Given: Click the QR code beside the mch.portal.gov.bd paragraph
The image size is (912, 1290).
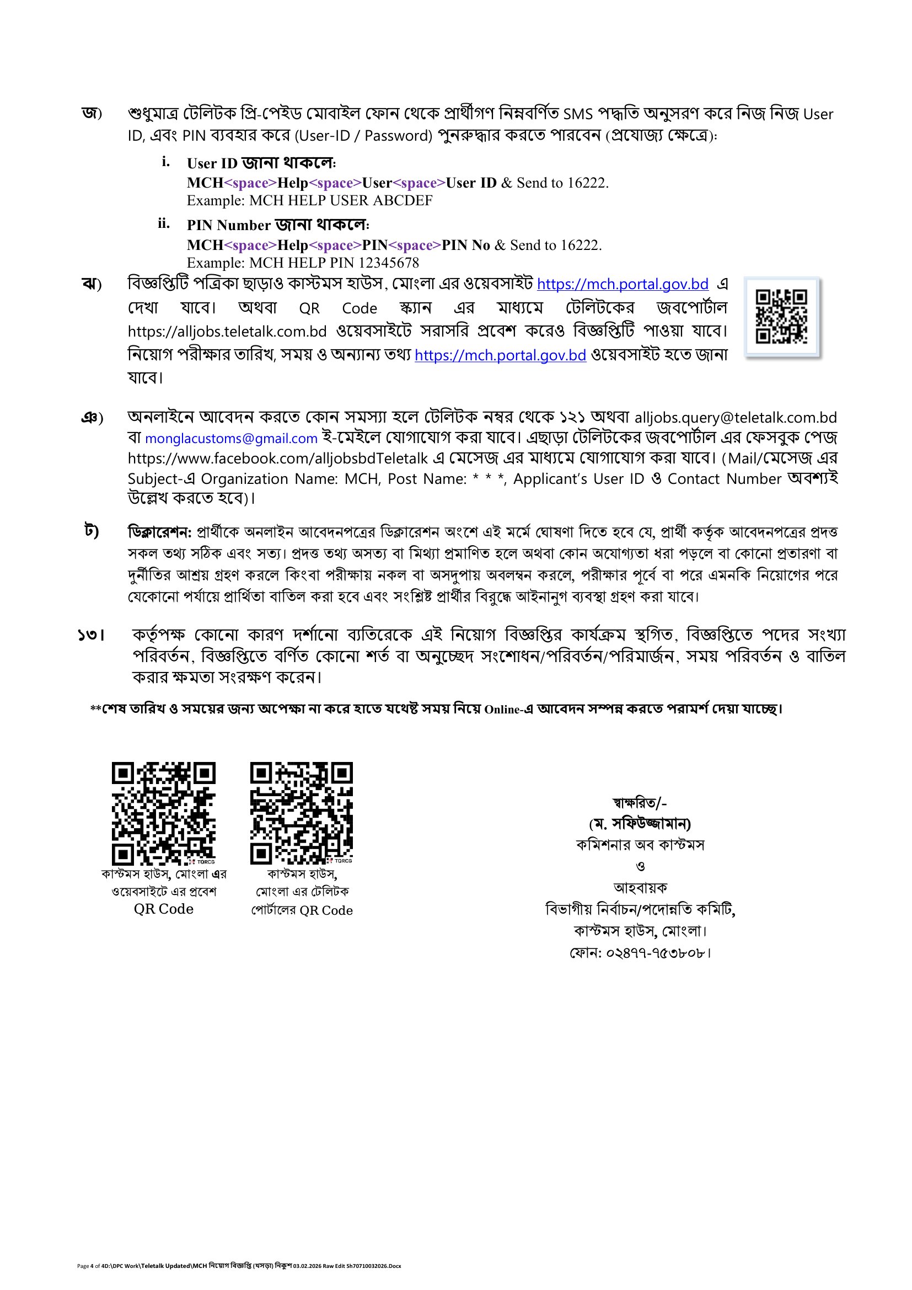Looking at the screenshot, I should pos(781,316).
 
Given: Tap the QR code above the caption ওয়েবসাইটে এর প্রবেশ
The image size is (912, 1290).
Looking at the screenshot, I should pos(163,813).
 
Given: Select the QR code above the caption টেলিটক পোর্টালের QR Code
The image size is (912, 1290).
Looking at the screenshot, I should pos(302,813).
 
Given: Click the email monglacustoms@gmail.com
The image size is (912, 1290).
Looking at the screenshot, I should pos(232,439).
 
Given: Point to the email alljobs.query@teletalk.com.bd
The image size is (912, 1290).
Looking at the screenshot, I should pos(736,418).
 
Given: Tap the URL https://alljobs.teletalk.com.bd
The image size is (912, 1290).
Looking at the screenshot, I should pos(227,332).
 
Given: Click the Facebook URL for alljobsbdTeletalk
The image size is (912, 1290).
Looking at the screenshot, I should pos(278,459).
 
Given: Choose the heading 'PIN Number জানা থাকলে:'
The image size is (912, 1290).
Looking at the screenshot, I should pos(278,225).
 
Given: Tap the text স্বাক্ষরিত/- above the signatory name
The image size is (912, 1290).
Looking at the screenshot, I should pos(640,803).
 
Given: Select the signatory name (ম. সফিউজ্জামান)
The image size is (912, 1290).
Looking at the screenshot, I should pos(640,824).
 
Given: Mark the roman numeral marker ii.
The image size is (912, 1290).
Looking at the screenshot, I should pos(163,223).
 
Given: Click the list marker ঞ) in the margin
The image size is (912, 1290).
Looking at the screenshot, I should pos(92,418).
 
